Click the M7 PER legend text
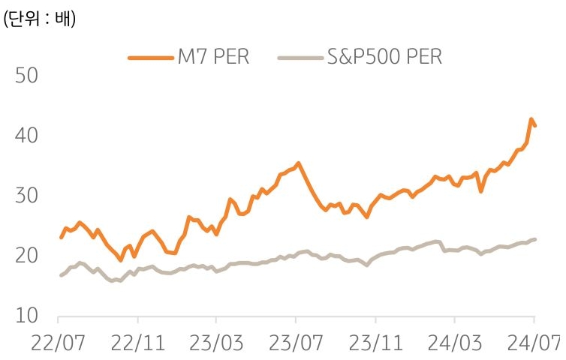point(212,56)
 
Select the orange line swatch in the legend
point(150,57)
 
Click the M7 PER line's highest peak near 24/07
point(531,119)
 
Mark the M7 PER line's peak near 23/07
point(298,163)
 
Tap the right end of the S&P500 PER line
point(534,239)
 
